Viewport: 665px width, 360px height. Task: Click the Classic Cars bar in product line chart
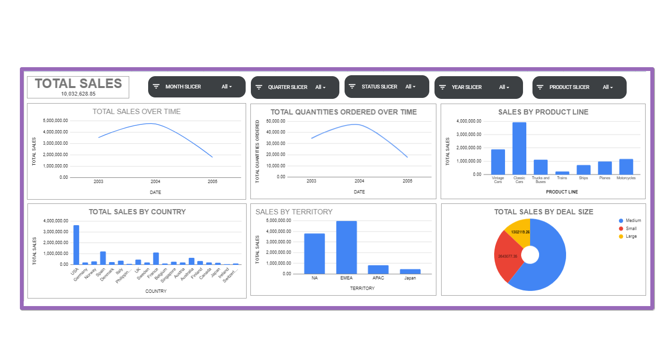[519, 149]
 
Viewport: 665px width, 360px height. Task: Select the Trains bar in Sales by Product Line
[562, 173]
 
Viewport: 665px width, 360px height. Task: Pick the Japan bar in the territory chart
[410, 272]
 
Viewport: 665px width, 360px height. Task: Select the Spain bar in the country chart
[103, 258]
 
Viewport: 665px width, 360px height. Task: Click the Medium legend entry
[633, 221]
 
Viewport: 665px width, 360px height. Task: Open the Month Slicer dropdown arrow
[231, 87]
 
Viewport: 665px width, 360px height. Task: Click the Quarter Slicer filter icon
[259, 87]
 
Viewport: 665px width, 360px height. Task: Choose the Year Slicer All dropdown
[504, 87]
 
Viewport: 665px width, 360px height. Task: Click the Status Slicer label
[379, 87]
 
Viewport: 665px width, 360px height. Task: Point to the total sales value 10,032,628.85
[78, 94]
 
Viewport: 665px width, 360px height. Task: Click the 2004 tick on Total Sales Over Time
[155, 181]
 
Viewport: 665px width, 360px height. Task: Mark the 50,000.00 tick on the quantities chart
[275, 121]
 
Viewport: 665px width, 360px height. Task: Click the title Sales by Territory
[294, 212]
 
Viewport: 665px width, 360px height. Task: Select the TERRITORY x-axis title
[362, 288]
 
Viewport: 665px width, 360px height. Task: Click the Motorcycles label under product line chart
[626, 178]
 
